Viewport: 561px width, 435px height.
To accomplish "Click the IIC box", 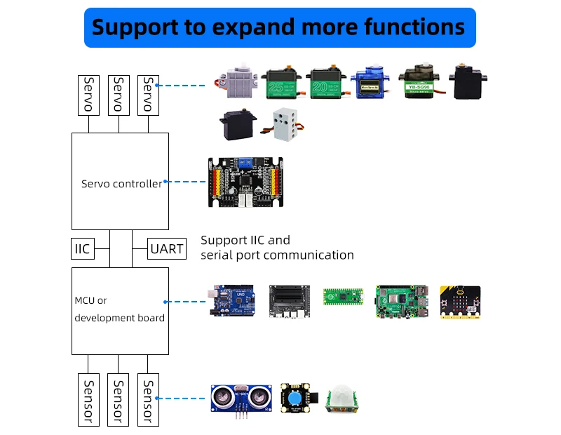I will pos(83,248).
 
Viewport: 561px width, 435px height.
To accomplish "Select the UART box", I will pos(167,248).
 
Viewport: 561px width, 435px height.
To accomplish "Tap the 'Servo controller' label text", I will pos(121,184).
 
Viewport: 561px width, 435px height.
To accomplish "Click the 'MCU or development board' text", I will pos(120,309).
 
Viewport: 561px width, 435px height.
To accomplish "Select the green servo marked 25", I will pos(284,86).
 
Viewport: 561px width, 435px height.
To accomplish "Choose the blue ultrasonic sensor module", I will pos(241,399).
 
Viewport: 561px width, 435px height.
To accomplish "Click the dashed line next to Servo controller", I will pos(186,182).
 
